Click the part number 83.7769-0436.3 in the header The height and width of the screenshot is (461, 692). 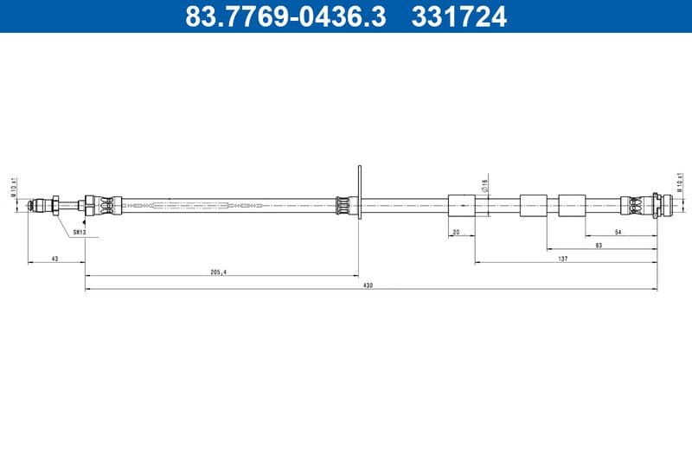tap(285, 16)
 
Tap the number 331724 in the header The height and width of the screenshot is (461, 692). tap(460, 16)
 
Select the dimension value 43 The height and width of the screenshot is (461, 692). tap(55, 257)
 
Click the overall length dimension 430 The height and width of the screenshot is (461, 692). tap(368, 285)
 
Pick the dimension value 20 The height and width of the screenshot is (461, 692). tap(457, 232)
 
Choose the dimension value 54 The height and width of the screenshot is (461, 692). tap(618, 232)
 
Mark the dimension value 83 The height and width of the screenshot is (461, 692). tap(599, 245)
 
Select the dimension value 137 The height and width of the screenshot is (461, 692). tap(562, 258)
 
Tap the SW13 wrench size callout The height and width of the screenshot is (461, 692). tap(78, 231)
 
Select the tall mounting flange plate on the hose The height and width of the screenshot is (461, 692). tap(359, 190)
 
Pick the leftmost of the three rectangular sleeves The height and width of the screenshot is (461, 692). tap(462, 206)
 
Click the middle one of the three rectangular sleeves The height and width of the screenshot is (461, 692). tap(533, 206)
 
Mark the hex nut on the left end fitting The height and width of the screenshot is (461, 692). tap(55, 206)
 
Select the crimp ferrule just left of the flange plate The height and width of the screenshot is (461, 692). tap(343, 206)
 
